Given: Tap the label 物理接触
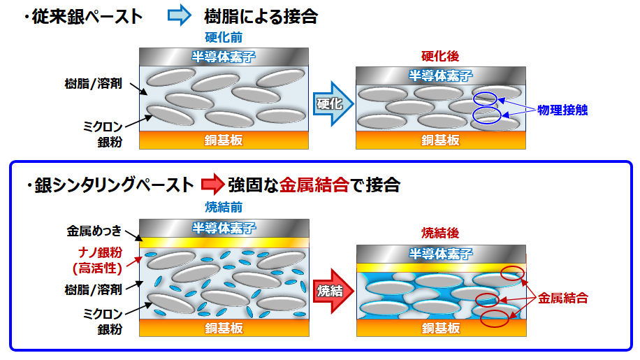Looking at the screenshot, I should pos(563,110).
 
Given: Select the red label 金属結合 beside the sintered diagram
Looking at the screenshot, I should pos(563,298).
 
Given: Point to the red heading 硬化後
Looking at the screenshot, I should pos(440,56).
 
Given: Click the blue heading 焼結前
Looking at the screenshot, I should pos(222,208).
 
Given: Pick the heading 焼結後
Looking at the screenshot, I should pos(440,232).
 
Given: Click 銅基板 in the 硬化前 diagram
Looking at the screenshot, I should pos(224,140).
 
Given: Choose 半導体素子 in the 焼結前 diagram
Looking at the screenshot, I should pos(224,227).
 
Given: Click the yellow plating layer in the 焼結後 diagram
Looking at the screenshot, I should pos(440,268).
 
